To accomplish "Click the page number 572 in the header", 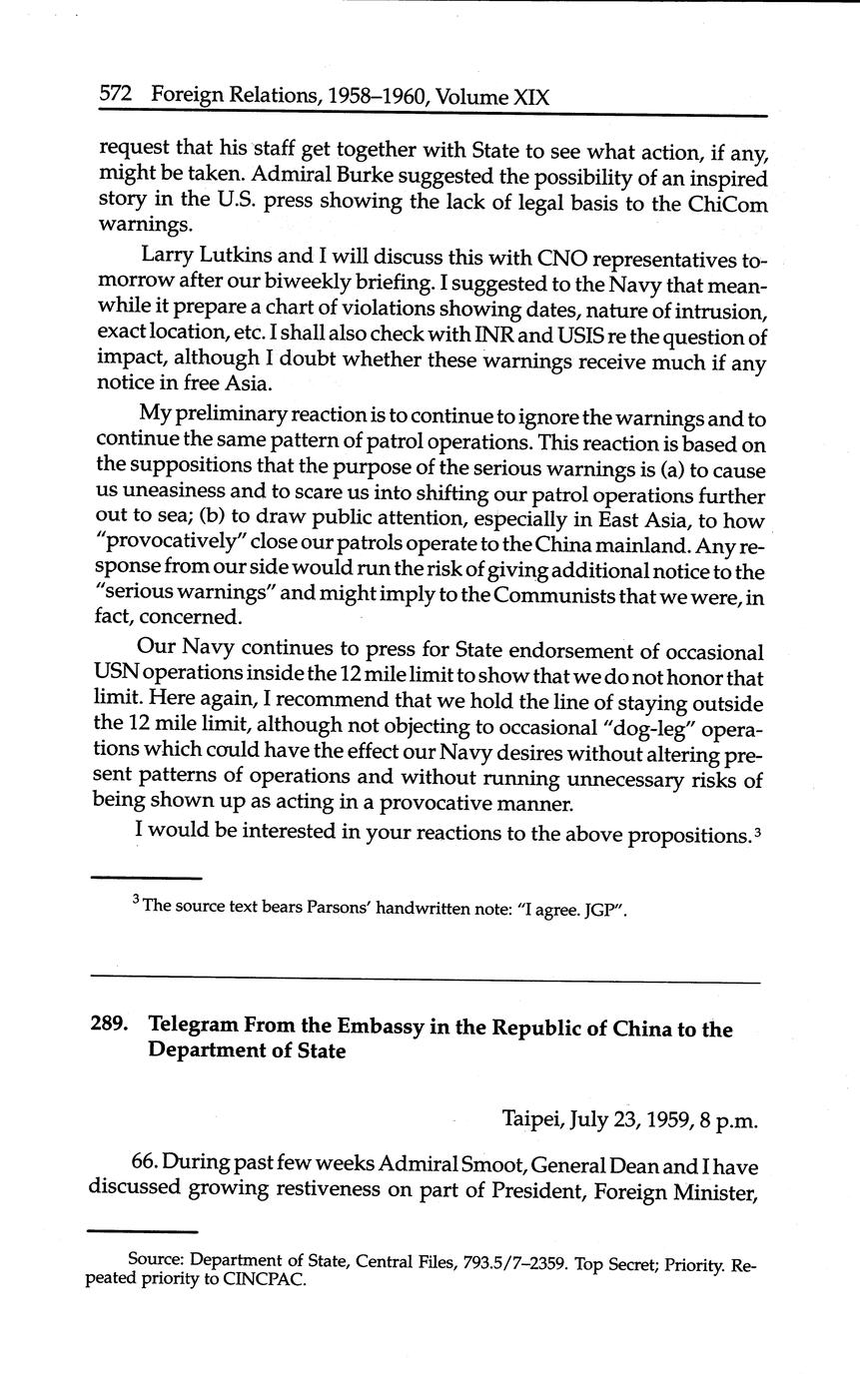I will click(118, 97).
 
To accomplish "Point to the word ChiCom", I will click(727, 203).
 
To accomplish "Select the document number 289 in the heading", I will click(112, 1030).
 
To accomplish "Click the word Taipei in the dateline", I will click(532, 1119).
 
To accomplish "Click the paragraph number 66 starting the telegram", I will click(144, 1163).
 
